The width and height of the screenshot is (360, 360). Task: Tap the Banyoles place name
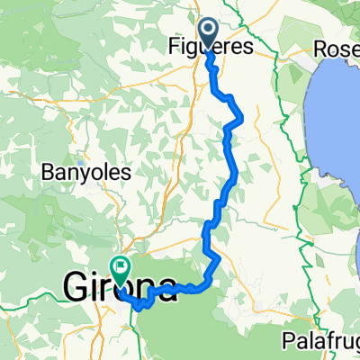[85, 171]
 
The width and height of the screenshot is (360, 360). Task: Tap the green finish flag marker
[120, 266]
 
